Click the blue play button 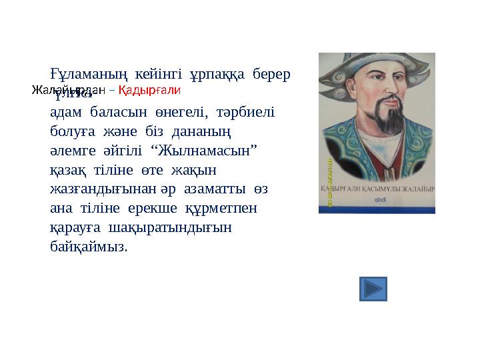point(373,289)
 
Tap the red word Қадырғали point(149,89)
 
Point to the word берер point(272,73)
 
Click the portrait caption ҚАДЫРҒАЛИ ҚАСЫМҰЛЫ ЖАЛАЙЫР point(377,189)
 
